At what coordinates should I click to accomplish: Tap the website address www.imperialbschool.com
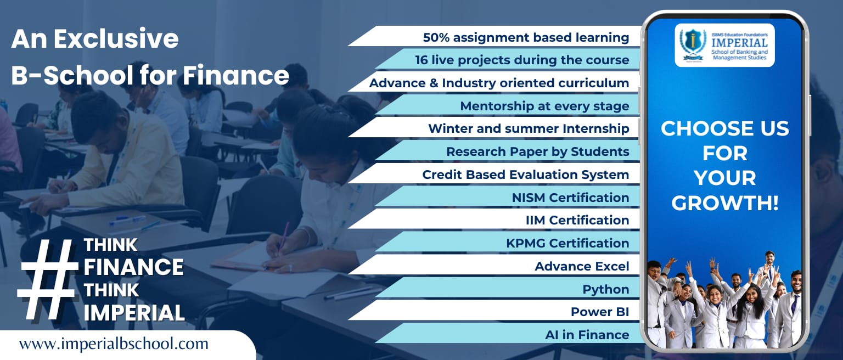coord(114,344)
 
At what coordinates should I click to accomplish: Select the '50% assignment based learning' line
coord(526,38)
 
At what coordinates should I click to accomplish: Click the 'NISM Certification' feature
coord(570,198)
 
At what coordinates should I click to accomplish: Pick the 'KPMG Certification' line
coord(567,244)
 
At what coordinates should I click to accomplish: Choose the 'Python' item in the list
coord(605,289)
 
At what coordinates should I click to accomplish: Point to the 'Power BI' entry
coord(600,312)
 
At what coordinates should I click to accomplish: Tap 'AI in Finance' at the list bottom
coord(587,335)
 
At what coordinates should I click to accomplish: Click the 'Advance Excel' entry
coord(582,266)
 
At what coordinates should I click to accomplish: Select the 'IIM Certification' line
coord(577,220)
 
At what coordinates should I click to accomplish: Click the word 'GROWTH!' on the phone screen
coord(725,203)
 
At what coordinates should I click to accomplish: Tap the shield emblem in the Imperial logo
coord(693,42)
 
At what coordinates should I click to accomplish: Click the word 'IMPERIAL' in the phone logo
coord(739,43)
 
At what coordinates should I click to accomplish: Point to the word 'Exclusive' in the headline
coord(116,39)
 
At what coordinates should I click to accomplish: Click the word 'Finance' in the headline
coord(236,75)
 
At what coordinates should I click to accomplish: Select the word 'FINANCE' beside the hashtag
coord(133,267)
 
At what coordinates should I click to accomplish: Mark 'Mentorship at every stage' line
coord(544,106)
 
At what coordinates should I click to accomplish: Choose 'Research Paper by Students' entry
coord(538,151)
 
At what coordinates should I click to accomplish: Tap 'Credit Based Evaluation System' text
coord(525,175)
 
